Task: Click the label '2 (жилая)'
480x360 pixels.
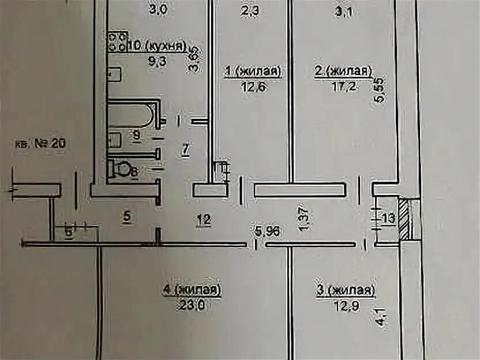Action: (x=342, y=72)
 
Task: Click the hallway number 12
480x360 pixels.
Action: (x=202, y=219)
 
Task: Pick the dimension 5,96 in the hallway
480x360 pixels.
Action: (x=268, y=232)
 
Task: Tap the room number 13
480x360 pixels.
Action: (x=389, y=217)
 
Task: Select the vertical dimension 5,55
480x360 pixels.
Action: (x=378, y=90)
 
